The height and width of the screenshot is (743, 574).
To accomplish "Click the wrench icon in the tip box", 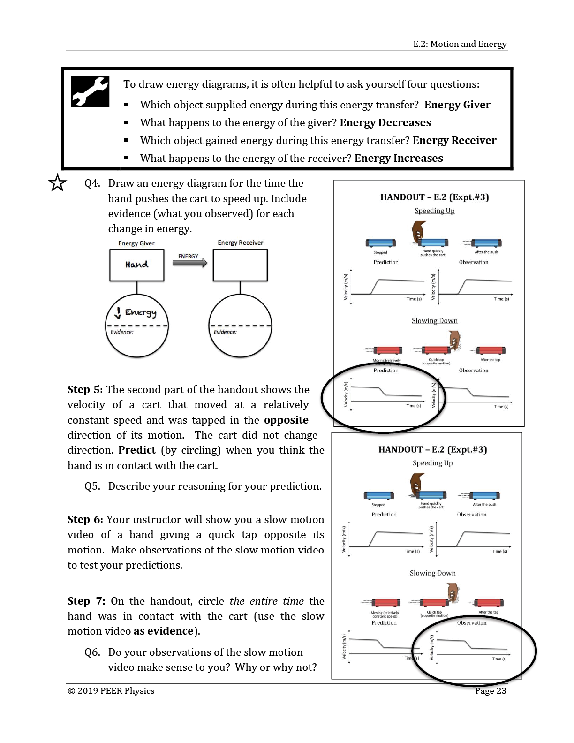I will [x=90, y=91].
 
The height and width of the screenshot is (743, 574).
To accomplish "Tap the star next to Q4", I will [x=57, y=183].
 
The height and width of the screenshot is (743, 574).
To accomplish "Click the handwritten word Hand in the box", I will [x=136, y=265].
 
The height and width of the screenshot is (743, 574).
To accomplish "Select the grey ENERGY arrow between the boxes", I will [x=189, y=263].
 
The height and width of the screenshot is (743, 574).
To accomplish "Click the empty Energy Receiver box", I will [x=240, y=265].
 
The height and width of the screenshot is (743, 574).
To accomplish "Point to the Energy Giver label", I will [x=136, y=243].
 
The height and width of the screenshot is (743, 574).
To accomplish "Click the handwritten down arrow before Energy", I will [x=118, y=312].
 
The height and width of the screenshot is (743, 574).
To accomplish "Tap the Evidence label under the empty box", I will [x=225, y=332].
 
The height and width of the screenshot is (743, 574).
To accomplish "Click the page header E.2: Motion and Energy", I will [x=460, y=44].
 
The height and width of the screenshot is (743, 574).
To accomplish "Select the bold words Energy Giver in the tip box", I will [x=457, y=105].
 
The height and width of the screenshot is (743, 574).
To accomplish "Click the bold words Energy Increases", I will [x=398, y=158].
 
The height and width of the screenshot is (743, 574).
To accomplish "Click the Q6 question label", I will [x=92, y=652].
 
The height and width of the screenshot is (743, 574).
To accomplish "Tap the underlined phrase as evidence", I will [x=163, y=631].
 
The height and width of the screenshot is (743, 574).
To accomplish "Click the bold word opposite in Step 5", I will [x=286, y=420].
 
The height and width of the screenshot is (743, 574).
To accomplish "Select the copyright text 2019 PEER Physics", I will [x=111, y=691].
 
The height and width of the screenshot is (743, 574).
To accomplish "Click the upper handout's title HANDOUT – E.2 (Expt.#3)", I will [x=434, y=197].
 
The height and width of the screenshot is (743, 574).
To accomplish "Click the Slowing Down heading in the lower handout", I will [x=432, y=573].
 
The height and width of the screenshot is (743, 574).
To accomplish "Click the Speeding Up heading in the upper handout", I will [x=434, y=211].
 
